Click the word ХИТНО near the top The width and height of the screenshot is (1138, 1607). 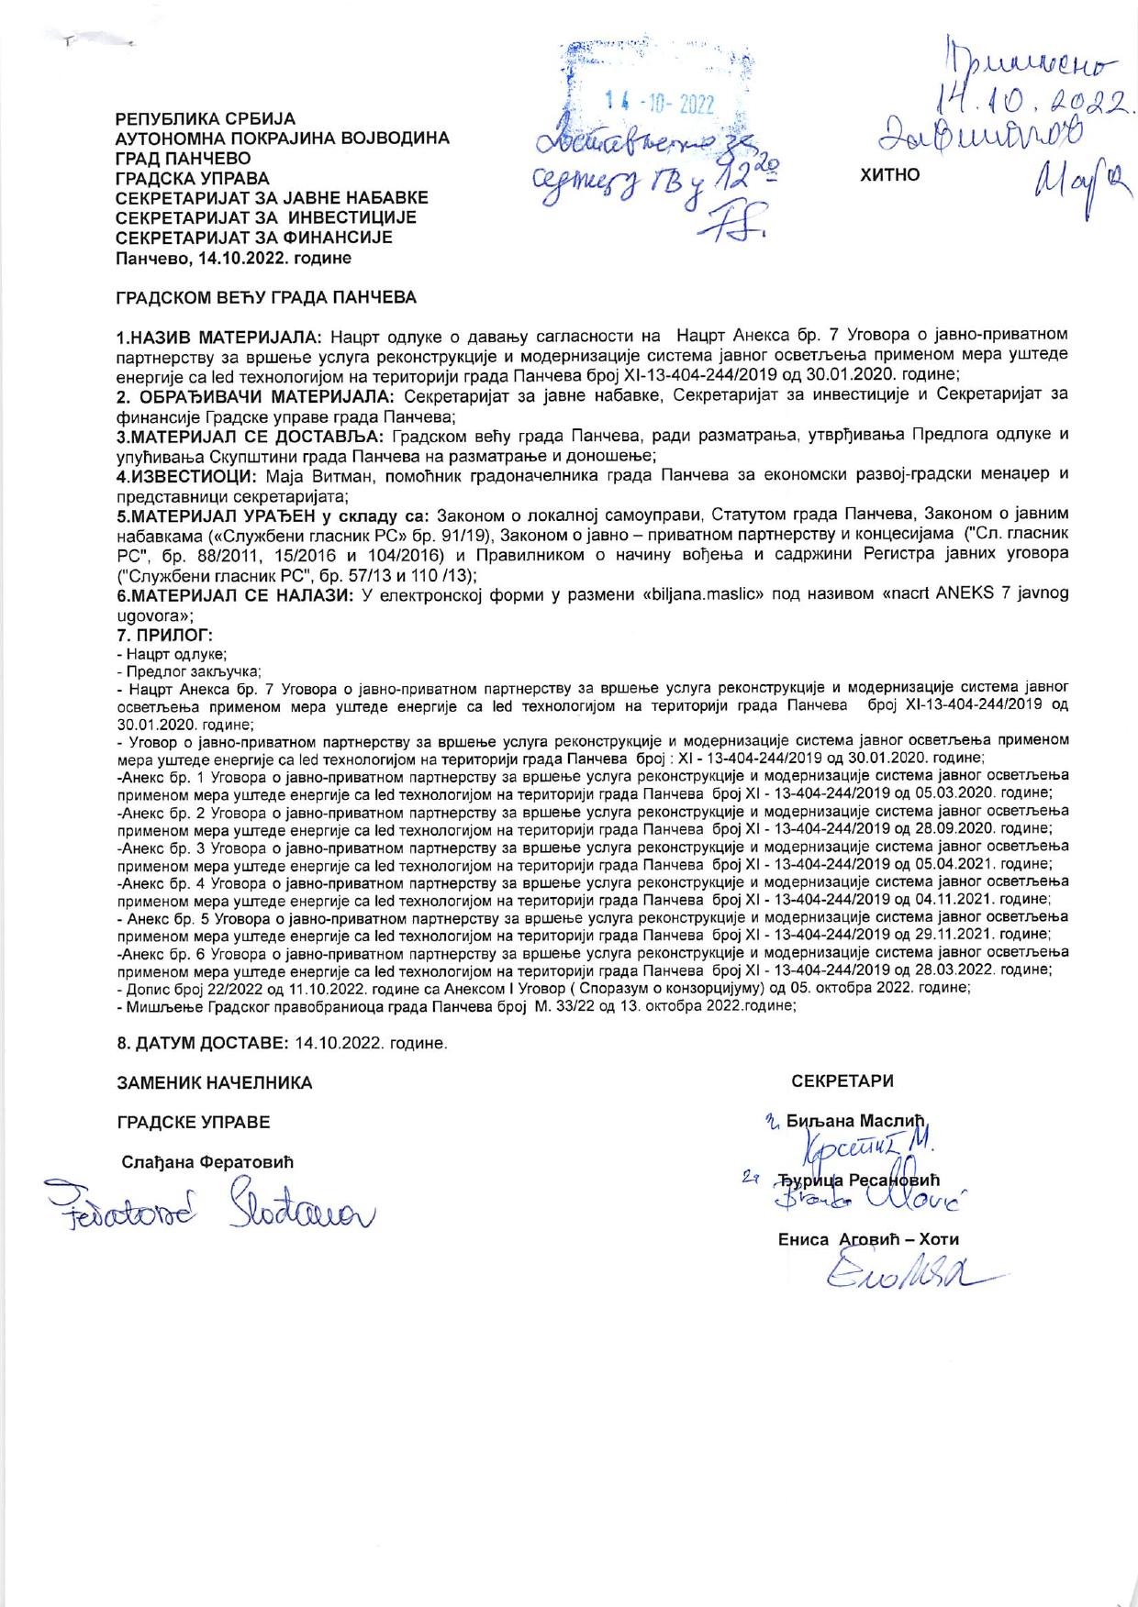click(889, 174)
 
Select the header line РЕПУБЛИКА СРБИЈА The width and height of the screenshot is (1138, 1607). click(205, 118)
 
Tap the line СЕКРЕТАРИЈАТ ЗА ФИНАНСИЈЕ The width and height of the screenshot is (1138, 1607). click(253, 237)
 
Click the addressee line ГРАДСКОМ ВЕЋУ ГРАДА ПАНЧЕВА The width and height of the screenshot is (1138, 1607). click(264, 298)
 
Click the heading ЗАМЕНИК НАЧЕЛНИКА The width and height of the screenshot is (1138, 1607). click(214, 1083)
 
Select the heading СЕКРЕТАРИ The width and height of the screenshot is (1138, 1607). click(842, 1081)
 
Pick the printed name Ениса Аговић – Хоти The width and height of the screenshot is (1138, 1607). click(867, 1239)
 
